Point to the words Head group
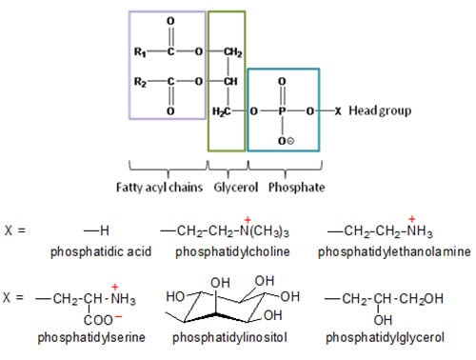[378, 111]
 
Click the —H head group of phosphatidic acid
[92, 231]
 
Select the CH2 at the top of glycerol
[234, 52]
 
